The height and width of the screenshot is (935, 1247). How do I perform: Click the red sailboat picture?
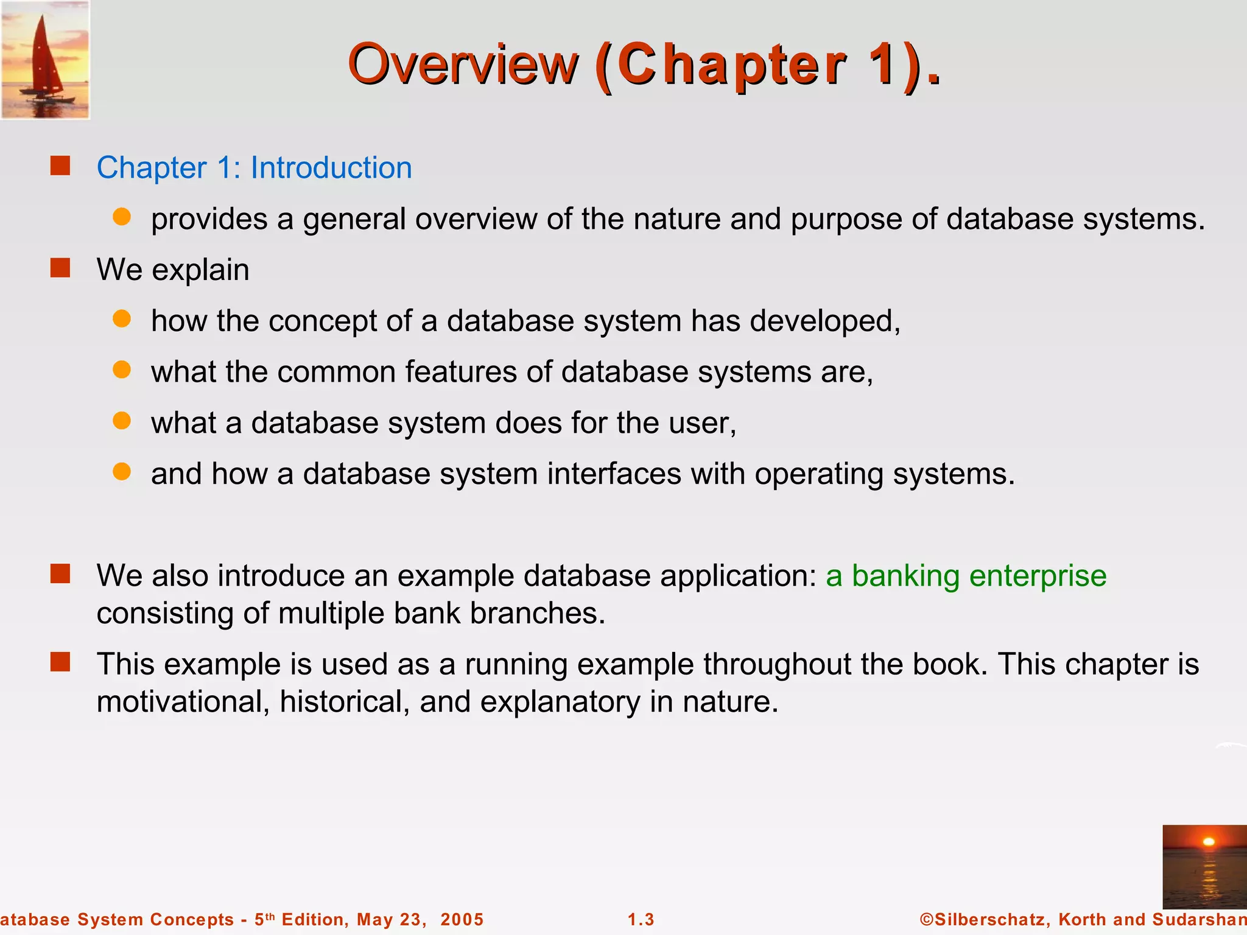[x=45, y=60]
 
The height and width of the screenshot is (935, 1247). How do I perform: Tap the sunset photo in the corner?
[x=1204, y=866]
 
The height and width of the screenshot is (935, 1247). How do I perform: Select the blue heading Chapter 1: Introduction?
[x=254, y=167]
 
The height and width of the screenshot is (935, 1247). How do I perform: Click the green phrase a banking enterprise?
[x=966, y=576]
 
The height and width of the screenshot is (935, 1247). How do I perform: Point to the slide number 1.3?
[x=641, y=919]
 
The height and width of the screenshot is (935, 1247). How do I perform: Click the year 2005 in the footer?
[x=462, y=919]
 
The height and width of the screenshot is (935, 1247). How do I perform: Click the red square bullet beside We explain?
[x=60, y=268]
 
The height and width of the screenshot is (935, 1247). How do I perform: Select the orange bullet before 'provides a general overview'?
[x=122, y=217]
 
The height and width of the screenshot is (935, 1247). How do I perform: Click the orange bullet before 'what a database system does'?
[x=122, y=421]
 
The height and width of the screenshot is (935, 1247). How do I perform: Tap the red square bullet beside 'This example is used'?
[x=60, y=662]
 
